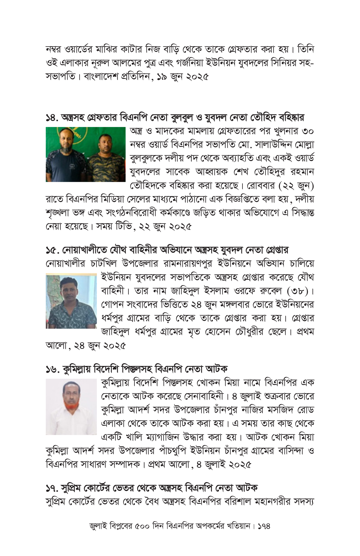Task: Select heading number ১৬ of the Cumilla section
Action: [x=52, y=369]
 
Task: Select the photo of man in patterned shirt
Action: [x=71, y=301]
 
